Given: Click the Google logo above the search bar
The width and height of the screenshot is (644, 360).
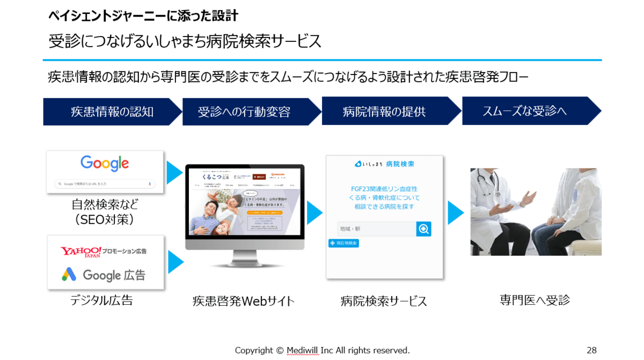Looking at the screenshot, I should pos(105,163).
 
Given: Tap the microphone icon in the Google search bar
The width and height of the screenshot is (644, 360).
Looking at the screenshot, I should pos(150,183).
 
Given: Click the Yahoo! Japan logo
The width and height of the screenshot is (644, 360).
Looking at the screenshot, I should pos(81,252).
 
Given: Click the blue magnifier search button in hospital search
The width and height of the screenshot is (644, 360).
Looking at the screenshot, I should pos(423,229).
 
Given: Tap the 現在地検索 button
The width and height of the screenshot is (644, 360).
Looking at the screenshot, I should pos(343,244).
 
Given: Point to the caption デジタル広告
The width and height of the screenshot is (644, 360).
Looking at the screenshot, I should pos(101,300).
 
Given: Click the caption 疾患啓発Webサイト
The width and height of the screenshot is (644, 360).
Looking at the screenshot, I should pos(244,302).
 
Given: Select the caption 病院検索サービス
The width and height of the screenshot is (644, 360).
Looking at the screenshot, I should pos(384,302).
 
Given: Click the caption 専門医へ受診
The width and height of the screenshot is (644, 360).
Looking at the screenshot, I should pos(535,300).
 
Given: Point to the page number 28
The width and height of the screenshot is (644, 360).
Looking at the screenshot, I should pos(591,350).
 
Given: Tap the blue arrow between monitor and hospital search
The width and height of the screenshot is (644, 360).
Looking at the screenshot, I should pos(314,213).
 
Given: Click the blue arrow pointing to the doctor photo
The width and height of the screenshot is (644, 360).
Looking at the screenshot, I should pos(455,213).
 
